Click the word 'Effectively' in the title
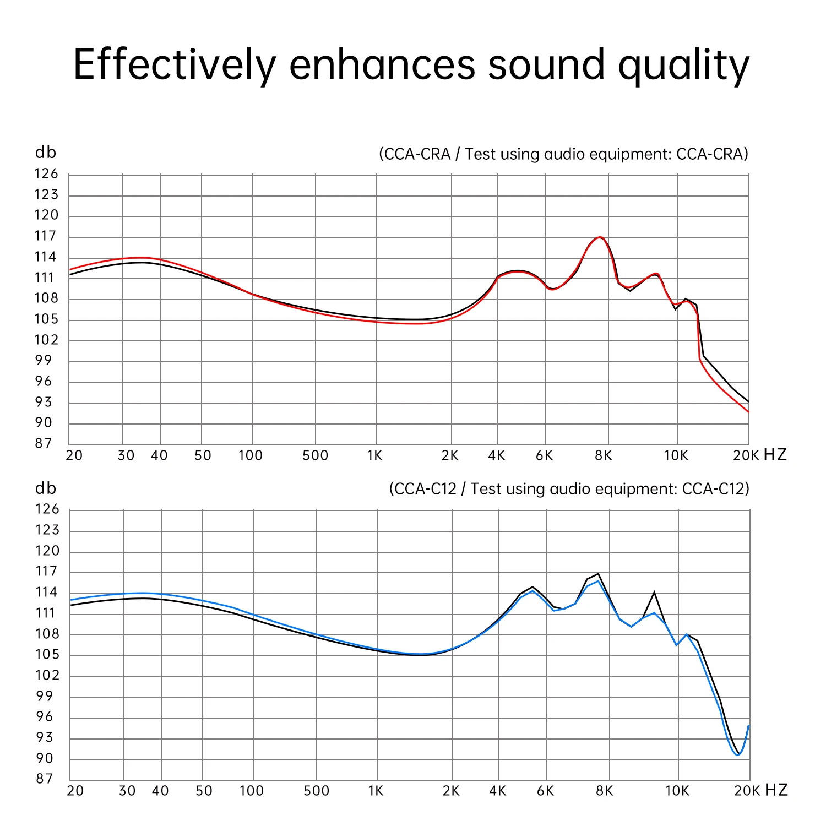click(174, 65)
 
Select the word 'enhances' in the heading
click(382, 65)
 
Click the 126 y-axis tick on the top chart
click(46, 174)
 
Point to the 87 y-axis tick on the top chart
click(44, 443)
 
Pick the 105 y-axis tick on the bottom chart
click(47, 655)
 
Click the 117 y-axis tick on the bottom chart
click(46, 572)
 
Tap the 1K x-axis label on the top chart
click(375, 455)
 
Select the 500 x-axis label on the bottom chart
click(316, 791)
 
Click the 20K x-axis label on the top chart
click(746, 455)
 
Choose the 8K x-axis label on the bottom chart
click(604, 791)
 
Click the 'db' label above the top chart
click(46, 153)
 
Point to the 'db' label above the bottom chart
click(46, 488)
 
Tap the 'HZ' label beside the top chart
click(775, 455)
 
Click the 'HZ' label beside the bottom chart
click(776, 790)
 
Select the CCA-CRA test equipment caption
click(563, 154)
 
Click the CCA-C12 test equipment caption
click(569, 489)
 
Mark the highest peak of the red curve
click(600, 237)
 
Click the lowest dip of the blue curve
click(738, 755)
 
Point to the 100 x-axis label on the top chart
click(251, 455)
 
